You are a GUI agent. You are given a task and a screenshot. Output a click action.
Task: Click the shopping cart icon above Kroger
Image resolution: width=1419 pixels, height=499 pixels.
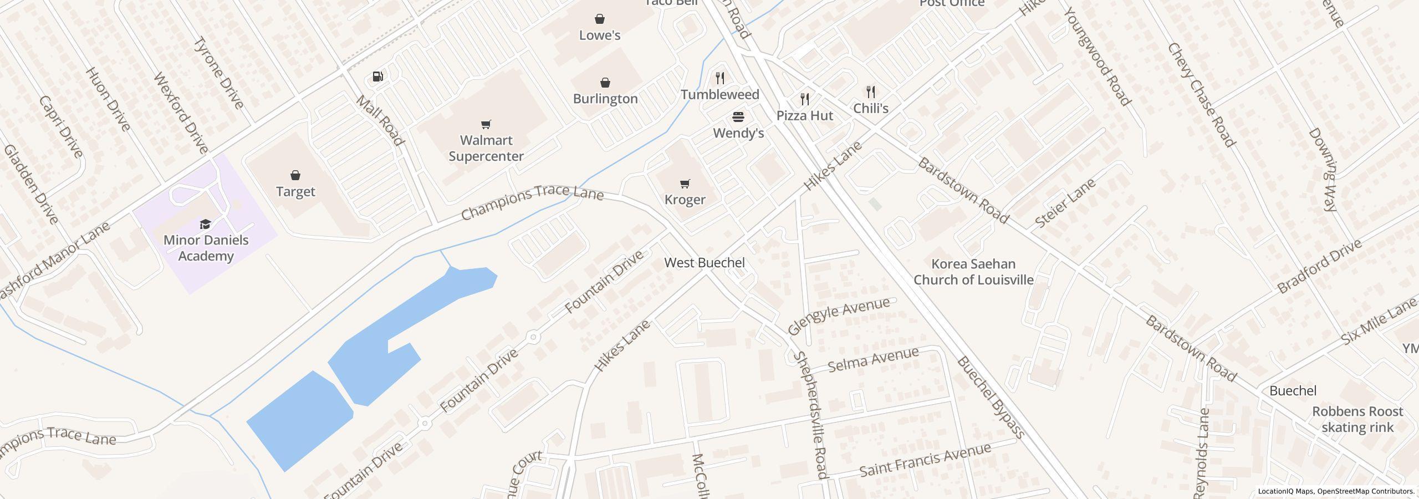pyautogui.click(x=685, y=184)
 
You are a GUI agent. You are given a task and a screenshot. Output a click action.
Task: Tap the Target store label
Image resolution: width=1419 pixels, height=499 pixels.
pyautogui.click(x=295, y=192)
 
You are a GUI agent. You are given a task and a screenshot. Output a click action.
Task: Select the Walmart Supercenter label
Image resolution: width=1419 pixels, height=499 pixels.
pyautogui.click(x=486, y=148)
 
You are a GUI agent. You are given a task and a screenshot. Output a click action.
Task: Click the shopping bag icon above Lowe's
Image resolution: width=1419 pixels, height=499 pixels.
pyautogui.click(x=599, y=19)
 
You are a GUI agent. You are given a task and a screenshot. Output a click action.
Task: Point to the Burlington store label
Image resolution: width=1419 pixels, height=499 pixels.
pyautogui.click(x=605, y=99)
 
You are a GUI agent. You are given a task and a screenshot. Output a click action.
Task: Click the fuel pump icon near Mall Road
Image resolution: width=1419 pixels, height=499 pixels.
pyautogui.click(x=378, y=77)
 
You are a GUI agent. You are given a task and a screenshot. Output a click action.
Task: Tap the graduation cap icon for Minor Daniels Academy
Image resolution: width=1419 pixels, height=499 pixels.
pyautogui.click(x=206, y=224)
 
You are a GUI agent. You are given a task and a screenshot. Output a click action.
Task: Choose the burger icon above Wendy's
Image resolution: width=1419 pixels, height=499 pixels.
pyautogui.click(x=738, y=117)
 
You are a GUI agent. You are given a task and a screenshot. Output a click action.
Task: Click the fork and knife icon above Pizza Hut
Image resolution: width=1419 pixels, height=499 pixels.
pyautogui.click(x=805, y=99)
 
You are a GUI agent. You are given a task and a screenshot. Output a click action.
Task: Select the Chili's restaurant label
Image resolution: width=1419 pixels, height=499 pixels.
pyautogui.click(x=871, y=108)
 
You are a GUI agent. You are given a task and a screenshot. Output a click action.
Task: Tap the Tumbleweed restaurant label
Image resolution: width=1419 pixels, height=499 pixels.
pyautogui.click(x=720, y=95)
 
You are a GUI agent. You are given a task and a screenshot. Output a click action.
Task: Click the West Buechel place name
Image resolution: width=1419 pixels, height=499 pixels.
pyautogui.click(x=705, y=263)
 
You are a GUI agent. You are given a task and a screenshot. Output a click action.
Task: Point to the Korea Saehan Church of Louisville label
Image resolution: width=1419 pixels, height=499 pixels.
pyautogui.click(x=973, y=272)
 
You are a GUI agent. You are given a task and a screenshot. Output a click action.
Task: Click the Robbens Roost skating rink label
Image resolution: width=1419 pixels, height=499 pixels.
pyautogui.click(x=1357, y=419)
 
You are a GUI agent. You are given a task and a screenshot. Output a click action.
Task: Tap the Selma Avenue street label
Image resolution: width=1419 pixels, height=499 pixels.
pyautogui.click(x=873, y=360)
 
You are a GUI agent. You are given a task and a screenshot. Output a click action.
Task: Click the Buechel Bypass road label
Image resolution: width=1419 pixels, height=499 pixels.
pyautogui.click(x=990, y=398)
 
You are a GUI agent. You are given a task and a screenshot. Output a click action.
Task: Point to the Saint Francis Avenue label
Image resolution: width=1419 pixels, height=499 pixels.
pyautogui.click(x=925, y=460)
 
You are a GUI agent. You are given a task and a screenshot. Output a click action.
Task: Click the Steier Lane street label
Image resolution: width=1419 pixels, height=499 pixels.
pyautogui.click(x=1065, y=203)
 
